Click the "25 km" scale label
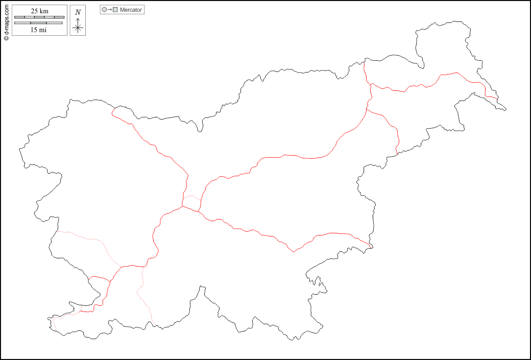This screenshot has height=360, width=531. [x=39, y=11]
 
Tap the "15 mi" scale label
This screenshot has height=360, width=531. [x=39, y=30]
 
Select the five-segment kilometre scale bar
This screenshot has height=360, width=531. [x=39, y=17]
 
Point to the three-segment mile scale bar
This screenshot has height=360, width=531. [x=39, y=23]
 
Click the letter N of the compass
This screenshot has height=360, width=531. [x=78, y=12]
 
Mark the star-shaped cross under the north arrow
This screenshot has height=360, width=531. [x=78, y=28]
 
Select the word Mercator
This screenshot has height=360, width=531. [x=131, y=10]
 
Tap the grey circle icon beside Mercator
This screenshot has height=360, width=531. [x=105, y=10]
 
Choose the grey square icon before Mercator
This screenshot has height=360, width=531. [x=115, y=10]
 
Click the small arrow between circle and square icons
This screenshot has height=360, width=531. [x=110, y=10]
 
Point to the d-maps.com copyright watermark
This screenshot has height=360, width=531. [x=6, y=21]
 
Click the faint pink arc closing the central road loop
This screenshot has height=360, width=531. [x=192, y=197]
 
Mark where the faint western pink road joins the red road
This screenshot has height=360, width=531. [x=120, y=267]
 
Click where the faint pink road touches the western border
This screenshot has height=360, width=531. [x=56, y=232]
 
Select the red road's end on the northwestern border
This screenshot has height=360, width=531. [x=112, y=109]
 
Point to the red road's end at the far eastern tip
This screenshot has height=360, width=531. [x=498, y=98]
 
